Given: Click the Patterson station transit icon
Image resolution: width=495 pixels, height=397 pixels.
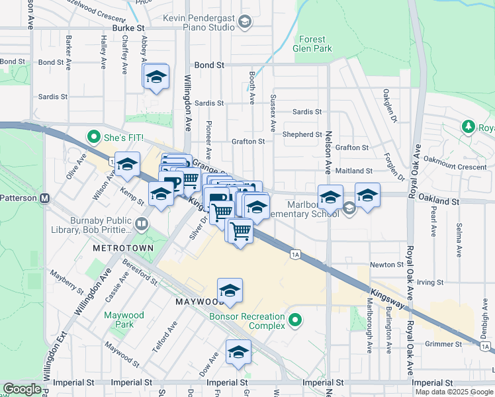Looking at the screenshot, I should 45,198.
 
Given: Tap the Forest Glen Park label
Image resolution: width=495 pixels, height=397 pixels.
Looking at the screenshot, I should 313,44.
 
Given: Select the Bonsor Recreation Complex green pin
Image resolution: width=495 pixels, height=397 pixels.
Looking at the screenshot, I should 296,322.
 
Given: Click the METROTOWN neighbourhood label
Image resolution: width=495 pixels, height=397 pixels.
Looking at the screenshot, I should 123,247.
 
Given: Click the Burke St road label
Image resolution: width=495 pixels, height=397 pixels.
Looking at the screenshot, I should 128,29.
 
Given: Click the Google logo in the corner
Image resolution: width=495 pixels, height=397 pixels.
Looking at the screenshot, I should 22,389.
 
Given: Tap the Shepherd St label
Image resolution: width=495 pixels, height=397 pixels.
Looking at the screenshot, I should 302,134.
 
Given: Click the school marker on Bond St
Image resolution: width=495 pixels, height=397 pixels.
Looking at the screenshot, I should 156,77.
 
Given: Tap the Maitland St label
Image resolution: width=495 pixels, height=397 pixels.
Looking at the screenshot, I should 355,171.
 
